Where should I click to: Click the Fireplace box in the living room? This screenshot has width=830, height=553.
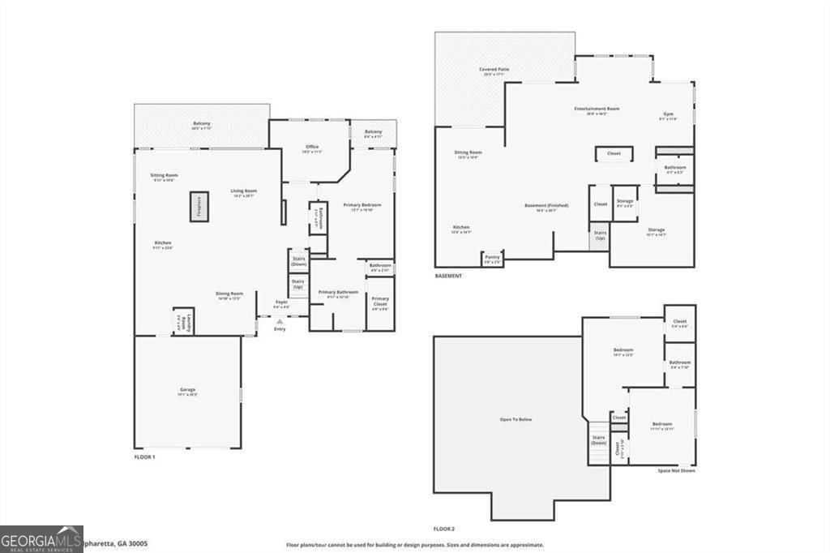pyautogui.click(x=199, y=207)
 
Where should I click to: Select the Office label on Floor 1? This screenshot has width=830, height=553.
pyautogui.click(x=312, y=147)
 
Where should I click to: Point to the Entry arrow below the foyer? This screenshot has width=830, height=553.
pyautogui.click(x=280, y=322)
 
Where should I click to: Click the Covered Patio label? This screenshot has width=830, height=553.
pyautogui.click(x=494, y=70)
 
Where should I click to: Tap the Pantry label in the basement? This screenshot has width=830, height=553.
pyautogui.click(x=492, y=259)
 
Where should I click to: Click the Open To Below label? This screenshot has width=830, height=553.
pyautogui.click(x=516, y=419)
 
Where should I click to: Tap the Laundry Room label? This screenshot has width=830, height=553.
pyautogui.click(x=183, y=321)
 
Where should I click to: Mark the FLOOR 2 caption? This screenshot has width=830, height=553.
pyautogui.click(x=444, y=529)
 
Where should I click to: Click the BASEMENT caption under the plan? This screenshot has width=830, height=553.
pyautogui.click(x=448, y=276)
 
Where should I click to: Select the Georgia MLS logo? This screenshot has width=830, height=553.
pyautogui.click(x=41, y=538)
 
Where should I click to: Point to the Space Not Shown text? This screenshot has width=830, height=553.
pyautogui.click(x=675, y=470)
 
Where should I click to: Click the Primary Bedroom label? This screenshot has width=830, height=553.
pyautogui.click(x=362, y=205)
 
